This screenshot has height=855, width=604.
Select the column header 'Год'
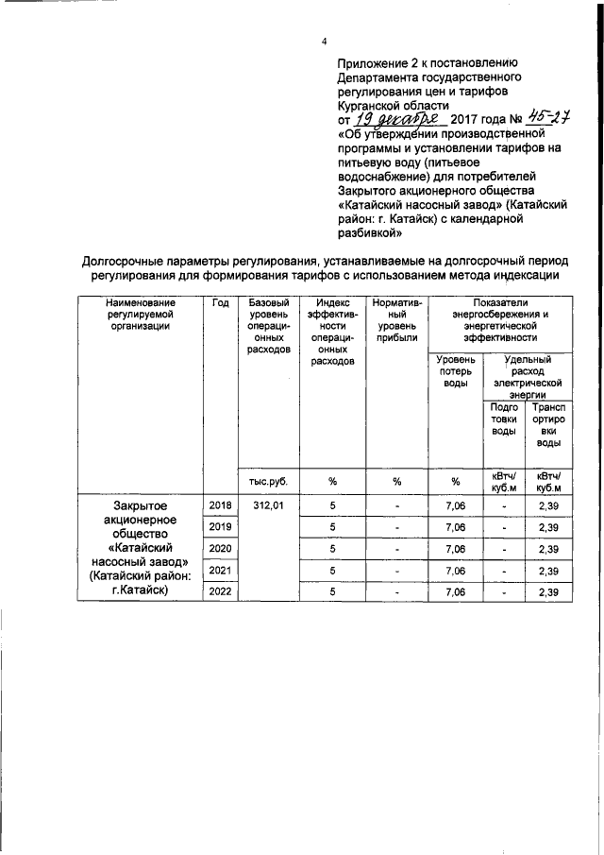coord(220,301)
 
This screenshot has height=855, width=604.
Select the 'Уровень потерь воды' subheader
coord(454,371)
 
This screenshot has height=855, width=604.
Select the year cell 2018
coord(220,505)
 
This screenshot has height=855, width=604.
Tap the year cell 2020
coord(220,549)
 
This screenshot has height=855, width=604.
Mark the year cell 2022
coord(220,591)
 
